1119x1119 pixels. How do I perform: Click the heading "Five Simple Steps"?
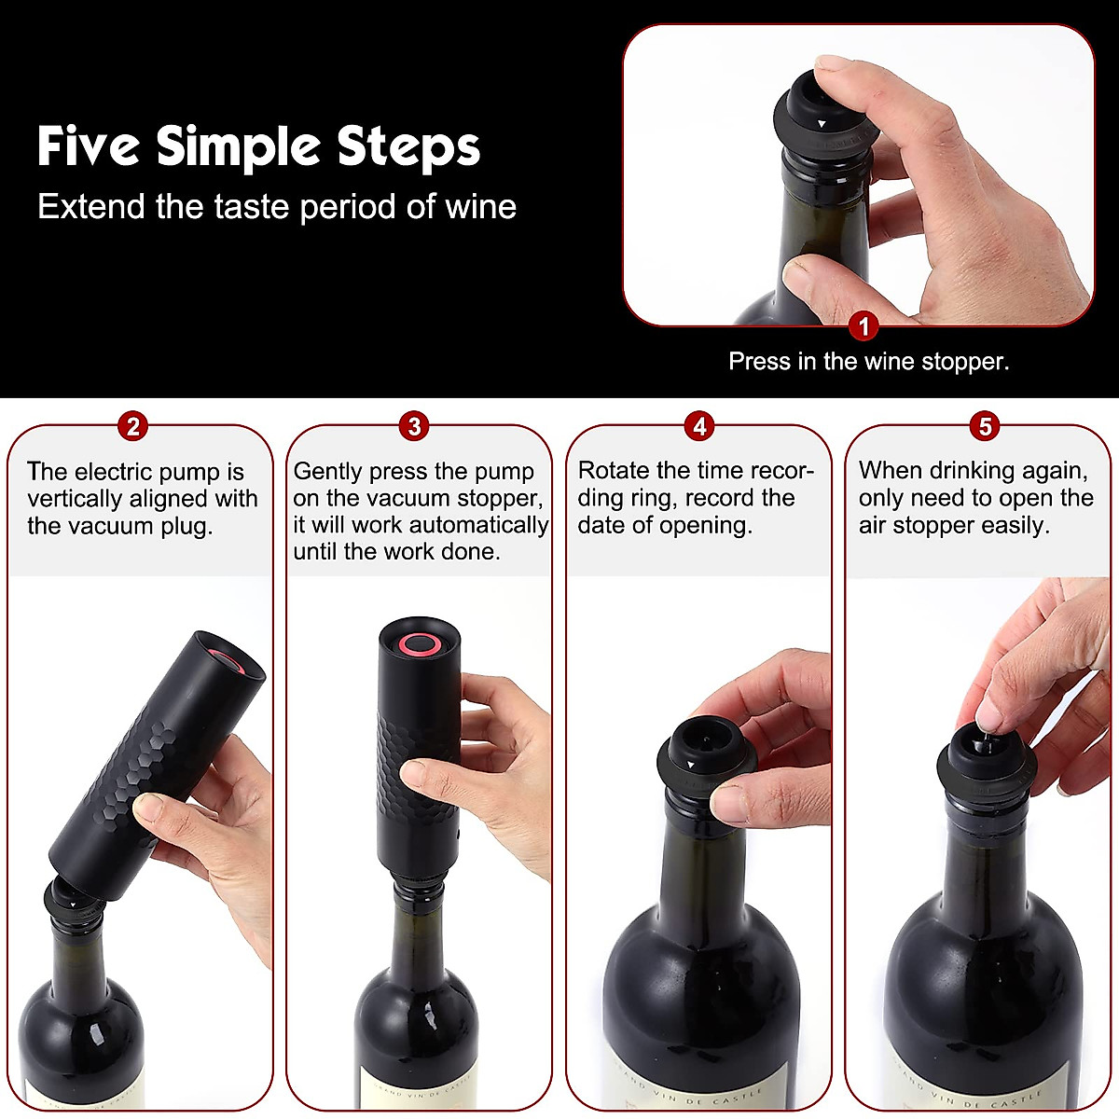pos(258,146)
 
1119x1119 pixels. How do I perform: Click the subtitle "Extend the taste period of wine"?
pos(277,206)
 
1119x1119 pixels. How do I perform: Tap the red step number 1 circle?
pos(864,326)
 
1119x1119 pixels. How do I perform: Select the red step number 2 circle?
pos(133,426)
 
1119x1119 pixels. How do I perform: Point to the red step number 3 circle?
pos(414,426)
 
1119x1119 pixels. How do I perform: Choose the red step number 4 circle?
pos(699,426)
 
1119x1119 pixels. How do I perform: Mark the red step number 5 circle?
pos(985,426)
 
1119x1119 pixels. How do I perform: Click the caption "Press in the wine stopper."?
pos(868,362)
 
